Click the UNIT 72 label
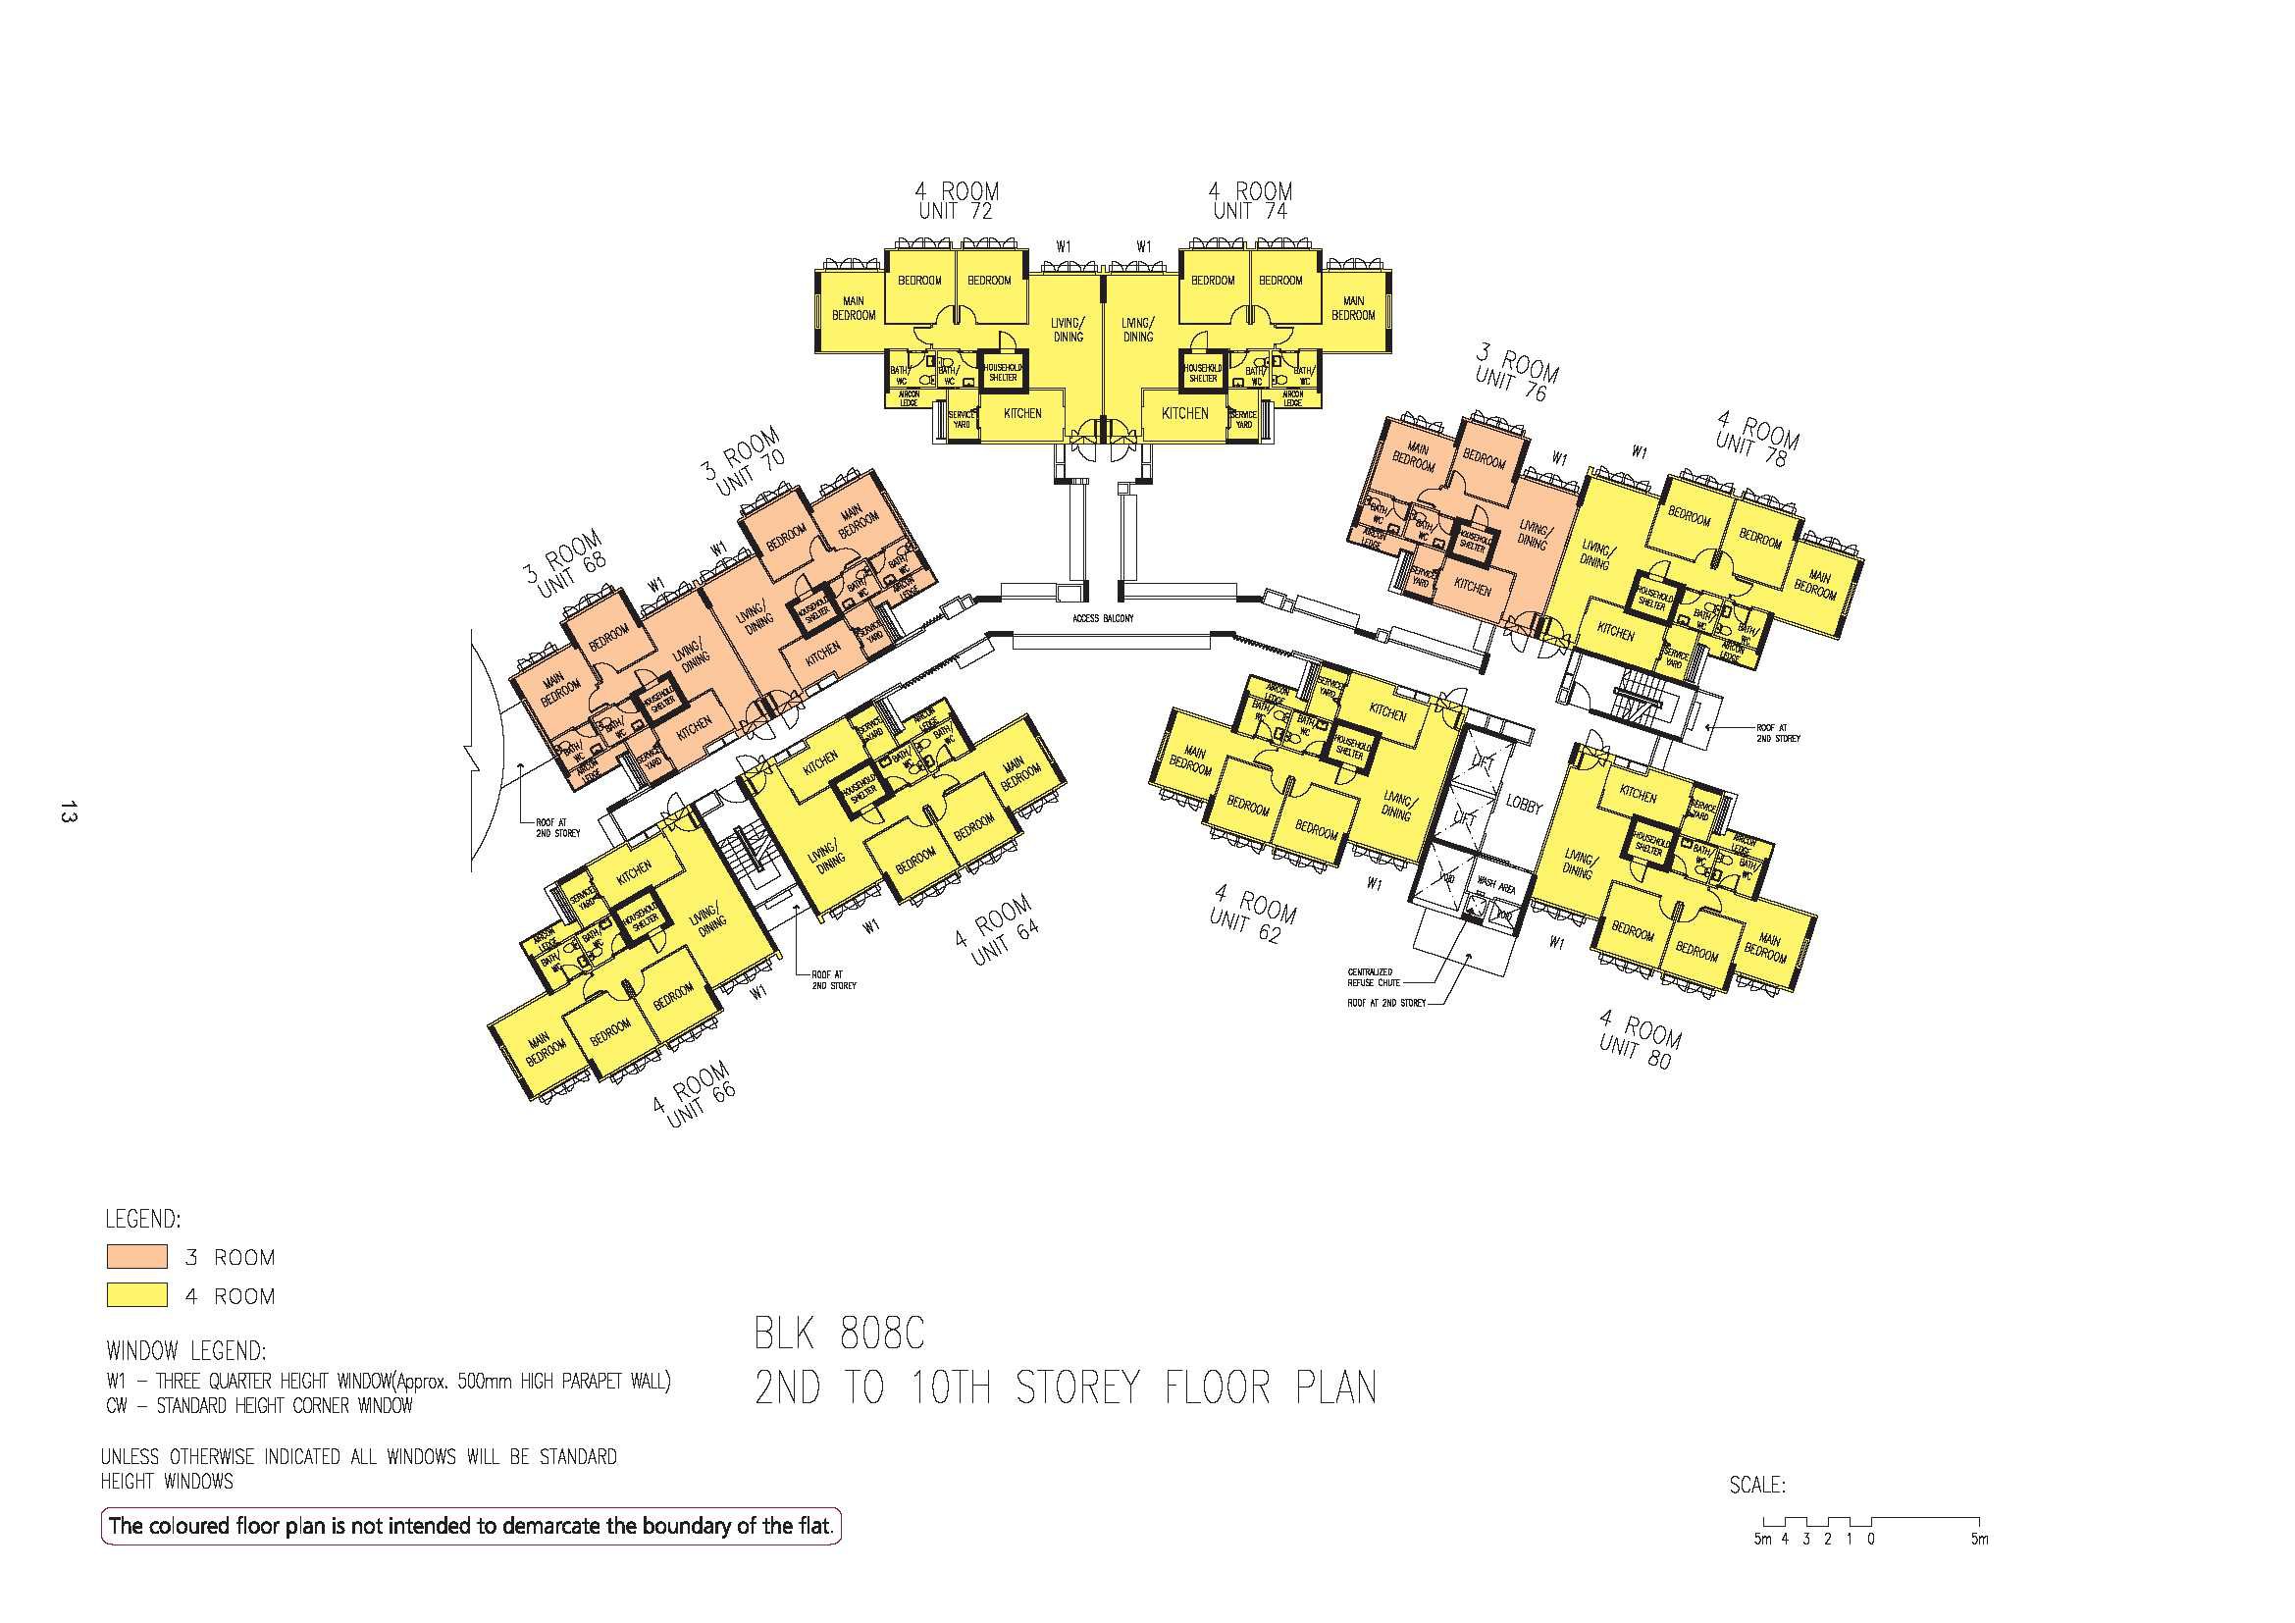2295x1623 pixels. pos(956,212)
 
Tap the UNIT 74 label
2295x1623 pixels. pos(1249,212)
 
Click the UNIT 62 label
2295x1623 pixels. pos(1244,925)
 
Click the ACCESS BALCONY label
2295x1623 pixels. pos(1103,618)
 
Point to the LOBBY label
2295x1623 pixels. pos(1525,807)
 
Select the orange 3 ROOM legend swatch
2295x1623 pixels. pos(137,1256)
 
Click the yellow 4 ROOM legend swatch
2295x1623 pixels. pos(137,1295)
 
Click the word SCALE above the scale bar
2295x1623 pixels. pos(1757,1485)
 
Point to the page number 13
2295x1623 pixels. pos(68,811)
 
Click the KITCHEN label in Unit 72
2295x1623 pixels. pos(1021,413)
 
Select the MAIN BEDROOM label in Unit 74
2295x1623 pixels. pos(1353,308)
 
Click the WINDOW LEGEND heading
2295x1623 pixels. pos(185,1351)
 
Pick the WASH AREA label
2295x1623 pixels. pos(1496,885)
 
